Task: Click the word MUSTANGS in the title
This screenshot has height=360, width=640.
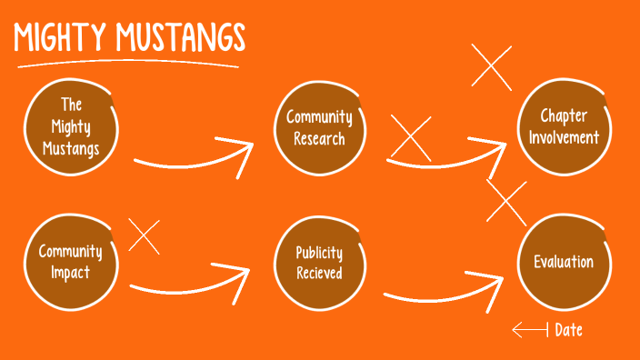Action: [x=181, y=38]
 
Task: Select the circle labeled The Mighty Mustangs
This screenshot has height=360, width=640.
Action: [x=72, y=127]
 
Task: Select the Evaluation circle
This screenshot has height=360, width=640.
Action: [x=563, y=262]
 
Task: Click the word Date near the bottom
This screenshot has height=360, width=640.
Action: [x=568, y=330]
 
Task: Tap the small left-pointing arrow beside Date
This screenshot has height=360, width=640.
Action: [x=529, y=330]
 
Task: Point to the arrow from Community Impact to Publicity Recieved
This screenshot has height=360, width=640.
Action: [x=191, y=284]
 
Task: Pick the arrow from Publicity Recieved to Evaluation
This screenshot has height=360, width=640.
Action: [x=445, y=292]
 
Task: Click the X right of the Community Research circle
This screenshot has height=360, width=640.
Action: [x=410, y=139]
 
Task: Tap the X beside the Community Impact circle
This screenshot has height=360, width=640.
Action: [x=144, y=235]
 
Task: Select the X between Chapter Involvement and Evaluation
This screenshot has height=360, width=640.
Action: [x=506, y=202]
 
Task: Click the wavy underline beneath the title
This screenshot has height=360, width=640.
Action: [x=127, y=65]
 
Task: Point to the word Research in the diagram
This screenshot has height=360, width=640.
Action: [x=319, y=139]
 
